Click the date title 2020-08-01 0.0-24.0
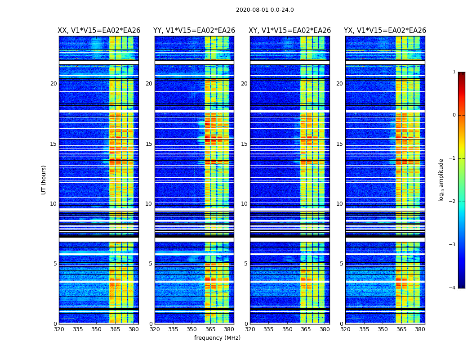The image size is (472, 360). pos(265,10)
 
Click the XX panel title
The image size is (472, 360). pos(99,31)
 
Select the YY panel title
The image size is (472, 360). pos(194,31)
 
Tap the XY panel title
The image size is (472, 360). pos(290,31)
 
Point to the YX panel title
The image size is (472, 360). pos(385,31)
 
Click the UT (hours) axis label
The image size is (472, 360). pos(44,180)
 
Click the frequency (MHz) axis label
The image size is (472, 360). pos(217,338)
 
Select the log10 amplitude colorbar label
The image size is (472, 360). pos(441,180)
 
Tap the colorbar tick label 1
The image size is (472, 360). pos(454,72)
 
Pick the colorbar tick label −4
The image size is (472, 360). pos(453,288)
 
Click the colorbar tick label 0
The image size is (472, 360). pos(454,115)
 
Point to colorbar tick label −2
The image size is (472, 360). pos(453,202)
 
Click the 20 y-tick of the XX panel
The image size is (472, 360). pos(53,84)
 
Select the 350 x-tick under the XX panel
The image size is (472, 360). pos(96,329)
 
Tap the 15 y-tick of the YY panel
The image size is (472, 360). pos(149,144)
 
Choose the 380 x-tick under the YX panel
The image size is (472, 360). pos(420,329)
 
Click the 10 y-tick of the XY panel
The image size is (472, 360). pos(244,204)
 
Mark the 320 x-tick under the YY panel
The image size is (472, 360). pos(155,329)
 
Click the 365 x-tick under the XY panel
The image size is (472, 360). pos(306,329)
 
